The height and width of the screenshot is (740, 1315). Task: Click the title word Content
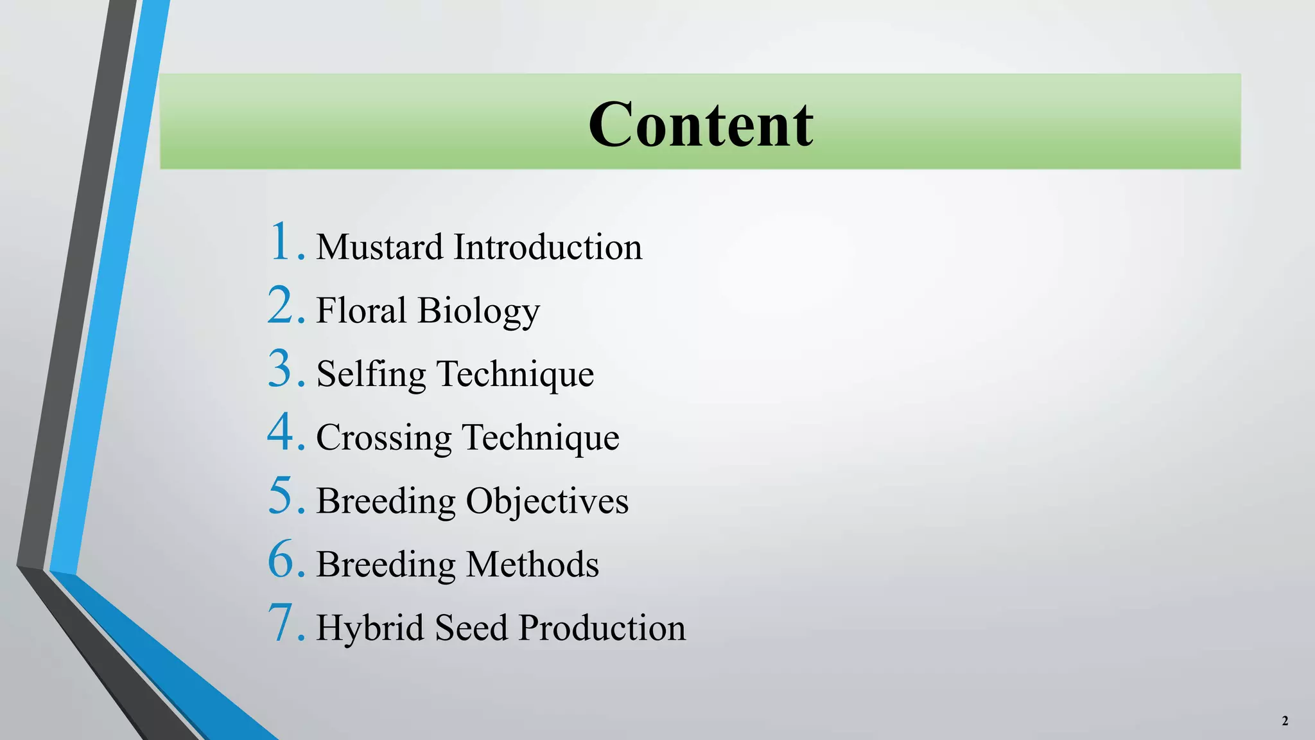pos(701,124)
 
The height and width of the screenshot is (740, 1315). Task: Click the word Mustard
pos(379,247)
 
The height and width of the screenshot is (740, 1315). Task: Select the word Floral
pos(361,310)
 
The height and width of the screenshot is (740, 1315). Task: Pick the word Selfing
pos(371,375)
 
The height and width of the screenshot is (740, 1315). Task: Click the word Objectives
pos(547,502)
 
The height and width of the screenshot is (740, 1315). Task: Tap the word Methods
pos(532,565)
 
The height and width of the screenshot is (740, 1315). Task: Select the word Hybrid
pos(370,628)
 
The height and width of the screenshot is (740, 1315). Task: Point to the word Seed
pos(471,628)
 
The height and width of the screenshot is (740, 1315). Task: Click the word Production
pos(602,628)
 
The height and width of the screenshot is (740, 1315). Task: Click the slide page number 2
pos(1285,721)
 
